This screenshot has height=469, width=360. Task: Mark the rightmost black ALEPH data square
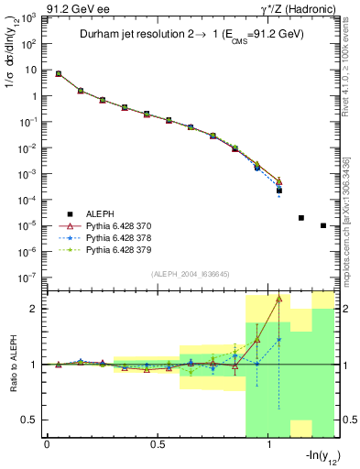tap(323, 225)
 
